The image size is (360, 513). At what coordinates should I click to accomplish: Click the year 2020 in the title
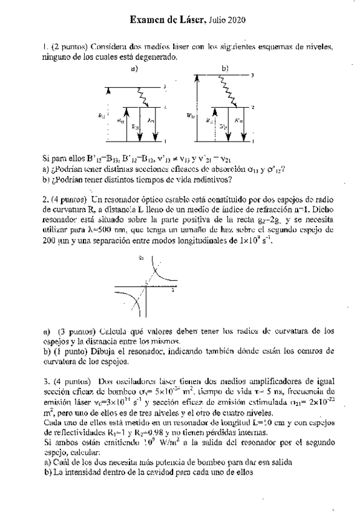[x=236, y=21]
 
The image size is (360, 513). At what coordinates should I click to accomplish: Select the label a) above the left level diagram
[x=135, y=68]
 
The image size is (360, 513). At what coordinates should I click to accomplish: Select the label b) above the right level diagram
[x=225, y=68]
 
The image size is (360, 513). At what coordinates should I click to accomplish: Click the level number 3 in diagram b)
[x=252, y=75]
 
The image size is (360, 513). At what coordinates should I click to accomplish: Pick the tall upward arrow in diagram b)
[x=197, y=109]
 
